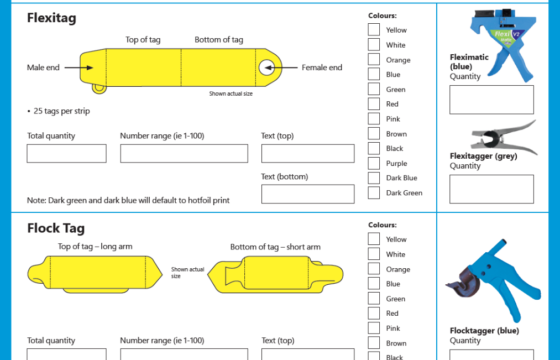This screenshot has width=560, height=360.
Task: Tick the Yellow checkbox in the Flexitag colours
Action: coord(374,30)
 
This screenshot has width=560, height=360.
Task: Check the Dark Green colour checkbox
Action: coord(374,193)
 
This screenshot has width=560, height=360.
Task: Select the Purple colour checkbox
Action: coord(374,163)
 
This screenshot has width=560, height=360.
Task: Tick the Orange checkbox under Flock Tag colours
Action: coord(374,269)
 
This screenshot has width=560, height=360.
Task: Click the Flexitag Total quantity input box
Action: coord(66,154)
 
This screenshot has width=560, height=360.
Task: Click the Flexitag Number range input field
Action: coord(184,154)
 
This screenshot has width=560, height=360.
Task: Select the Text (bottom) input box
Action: coord(308,194)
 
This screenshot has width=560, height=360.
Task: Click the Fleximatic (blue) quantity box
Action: coord(492,100)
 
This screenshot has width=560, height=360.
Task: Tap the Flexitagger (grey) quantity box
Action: coord(492,189)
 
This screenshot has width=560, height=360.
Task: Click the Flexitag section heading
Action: coord(52,18)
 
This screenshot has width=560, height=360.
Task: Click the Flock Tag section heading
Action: coord(56,228)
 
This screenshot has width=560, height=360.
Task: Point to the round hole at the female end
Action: coord(267,67)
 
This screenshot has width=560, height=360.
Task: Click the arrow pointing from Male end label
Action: coord(79,67)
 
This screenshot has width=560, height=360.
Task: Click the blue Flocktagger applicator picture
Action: coord(494,281)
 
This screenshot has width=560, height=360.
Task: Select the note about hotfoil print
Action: coord(128,200)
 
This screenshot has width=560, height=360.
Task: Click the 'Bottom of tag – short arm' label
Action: coord(275,247)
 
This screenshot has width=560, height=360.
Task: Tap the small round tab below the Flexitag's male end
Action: coord(100,88)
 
